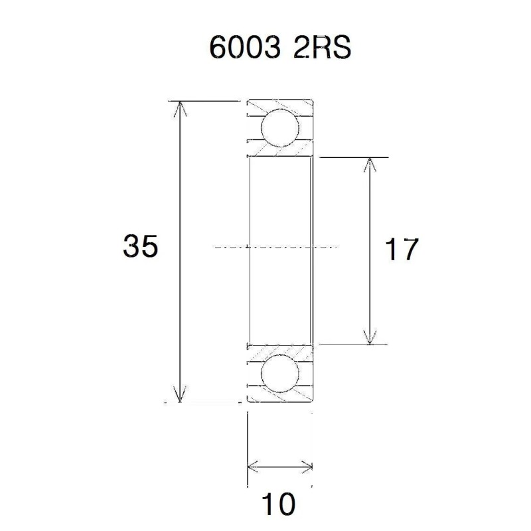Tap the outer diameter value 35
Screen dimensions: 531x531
[x=140, y=247]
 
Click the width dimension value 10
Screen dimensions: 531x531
[x=278, y=505]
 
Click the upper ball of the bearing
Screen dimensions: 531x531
[x=279, y=128]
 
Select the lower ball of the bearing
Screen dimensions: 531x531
[x=279, y=374]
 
